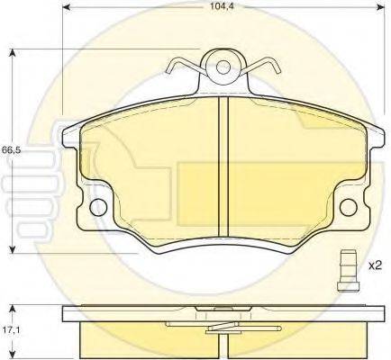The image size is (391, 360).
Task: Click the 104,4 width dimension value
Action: coord(223,6)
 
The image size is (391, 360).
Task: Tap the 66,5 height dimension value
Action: coord(11,150)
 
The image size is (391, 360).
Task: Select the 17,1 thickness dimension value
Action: coord(12,330)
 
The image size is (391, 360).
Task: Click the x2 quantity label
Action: coord(374,265)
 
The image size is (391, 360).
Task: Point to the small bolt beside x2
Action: coord(348,271)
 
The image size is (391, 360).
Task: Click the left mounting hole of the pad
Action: coord(98,207)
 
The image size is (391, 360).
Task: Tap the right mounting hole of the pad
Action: coord(349,207)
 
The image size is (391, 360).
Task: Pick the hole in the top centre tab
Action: coord(223,67)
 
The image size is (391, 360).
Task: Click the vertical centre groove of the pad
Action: coord(223,166)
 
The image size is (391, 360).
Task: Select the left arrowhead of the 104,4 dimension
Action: coord(66,7)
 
